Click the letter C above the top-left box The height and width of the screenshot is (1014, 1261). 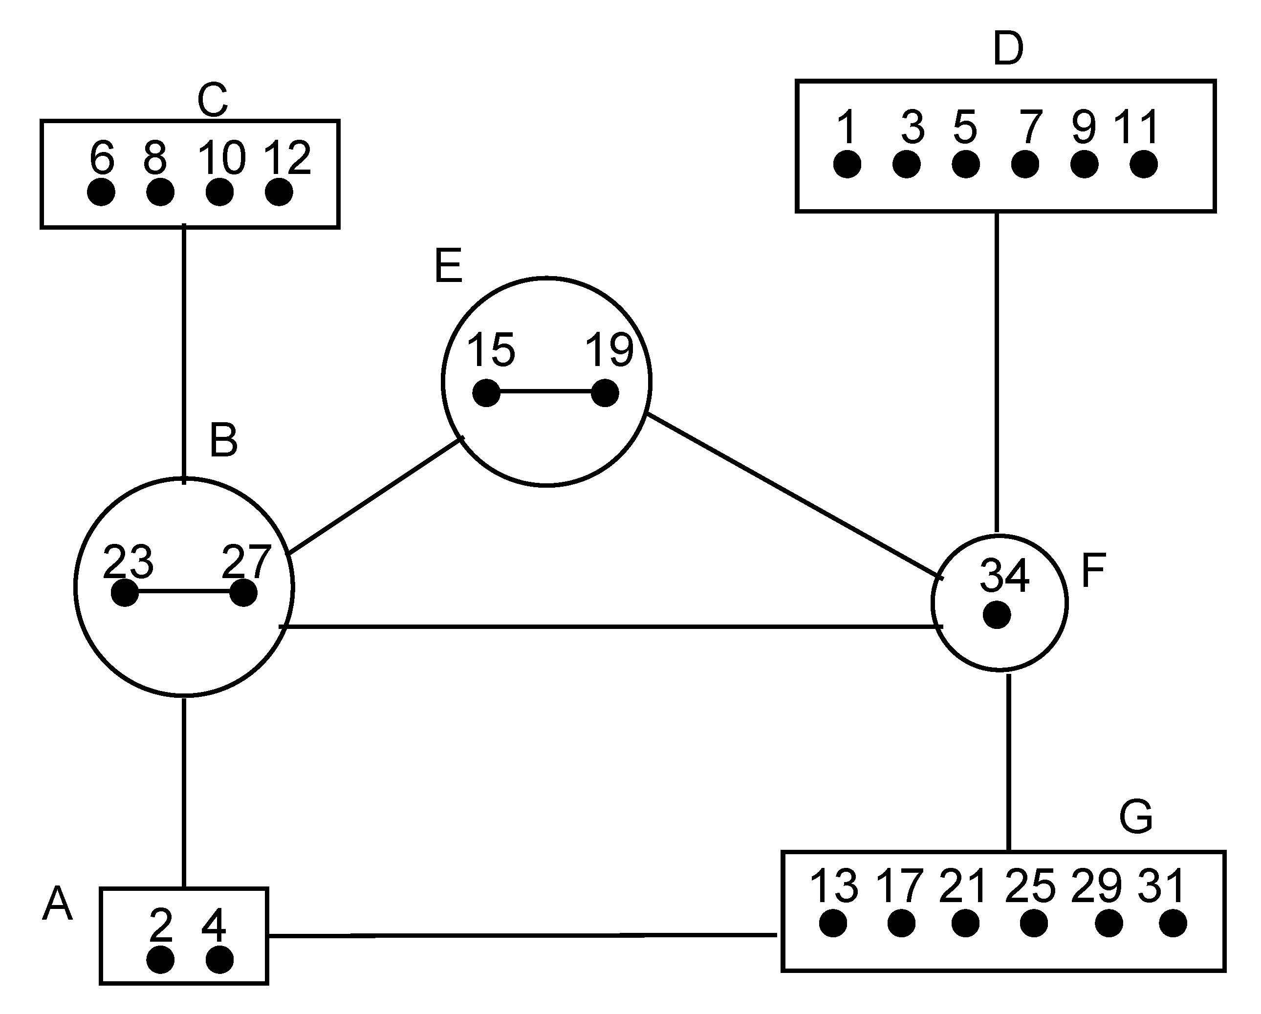coord(212,101)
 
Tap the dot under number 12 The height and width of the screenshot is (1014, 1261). coord(279,192)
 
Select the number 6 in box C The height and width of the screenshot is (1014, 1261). coord(102,158)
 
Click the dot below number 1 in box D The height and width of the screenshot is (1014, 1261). coord(847,164)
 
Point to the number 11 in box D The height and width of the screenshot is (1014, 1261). coord(1136,128)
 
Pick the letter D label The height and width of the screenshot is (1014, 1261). coord(1008,49)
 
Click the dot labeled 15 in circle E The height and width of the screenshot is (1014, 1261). coord(486,392)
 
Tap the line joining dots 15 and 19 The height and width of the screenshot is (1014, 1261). coord(545,392)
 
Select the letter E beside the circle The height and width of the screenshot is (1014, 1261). coord(449,266)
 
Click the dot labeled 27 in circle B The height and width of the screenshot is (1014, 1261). coord(243,593)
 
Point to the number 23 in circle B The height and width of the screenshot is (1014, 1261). coord(128,561)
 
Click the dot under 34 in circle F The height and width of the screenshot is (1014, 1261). coord(997,615)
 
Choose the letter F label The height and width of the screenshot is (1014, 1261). coord(1094,570)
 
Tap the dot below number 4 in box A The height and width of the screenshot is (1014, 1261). coord(220,960)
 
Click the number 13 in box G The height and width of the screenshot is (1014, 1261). coord(833,885)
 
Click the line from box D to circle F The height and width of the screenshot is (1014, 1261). coord(997,374)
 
